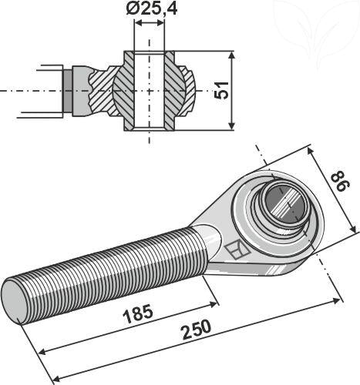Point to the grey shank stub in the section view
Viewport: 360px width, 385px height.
click(69, 90)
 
